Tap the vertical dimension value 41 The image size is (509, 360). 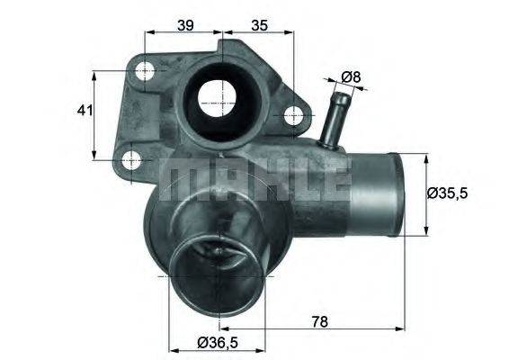[84, 112]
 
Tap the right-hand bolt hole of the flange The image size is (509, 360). [291, 115]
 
